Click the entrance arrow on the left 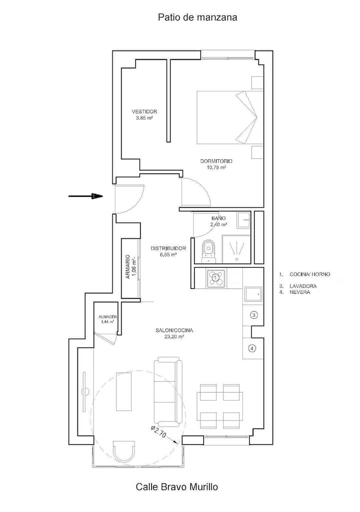tap(85, 196)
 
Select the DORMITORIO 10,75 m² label tap(216, 164)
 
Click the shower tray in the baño tap(236, 249)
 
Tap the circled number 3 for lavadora tap(253, 315)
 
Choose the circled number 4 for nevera tap(252, 348)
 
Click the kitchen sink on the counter tap(253, 295)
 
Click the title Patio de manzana tap(197, 17)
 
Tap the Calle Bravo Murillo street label tap(177, 487)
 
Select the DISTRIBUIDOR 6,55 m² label tap(168, 251)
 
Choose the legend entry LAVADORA tap(303, 286)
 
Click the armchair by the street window tap(124, 451)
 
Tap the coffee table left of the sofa tap(124, 392)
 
